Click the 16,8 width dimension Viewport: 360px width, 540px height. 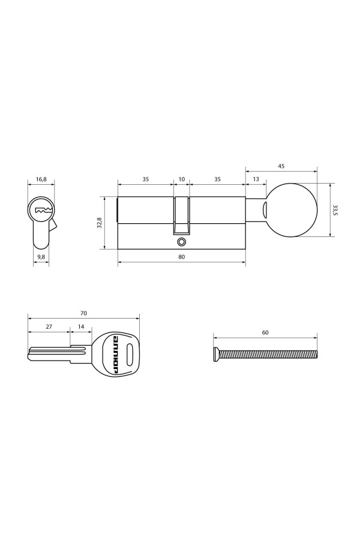point(41,179)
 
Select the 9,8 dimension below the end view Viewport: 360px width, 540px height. point(41,257)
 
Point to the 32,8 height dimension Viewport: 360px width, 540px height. point(100,223)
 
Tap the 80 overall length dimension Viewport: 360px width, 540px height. point(181,257)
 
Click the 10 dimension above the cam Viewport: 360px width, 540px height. point(182,179)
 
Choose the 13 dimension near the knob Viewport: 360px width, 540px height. point(256,179)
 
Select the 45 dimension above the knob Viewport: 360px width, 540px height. point(281,166)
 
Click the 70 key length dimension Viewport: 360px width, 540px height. point(83,313)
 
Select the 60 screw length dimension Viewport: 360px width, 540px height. point(265,332)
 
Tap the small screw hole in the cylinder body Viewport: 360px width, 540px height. point(181,242)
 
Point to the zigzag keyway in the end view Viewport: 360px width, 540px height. point(42,211)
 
